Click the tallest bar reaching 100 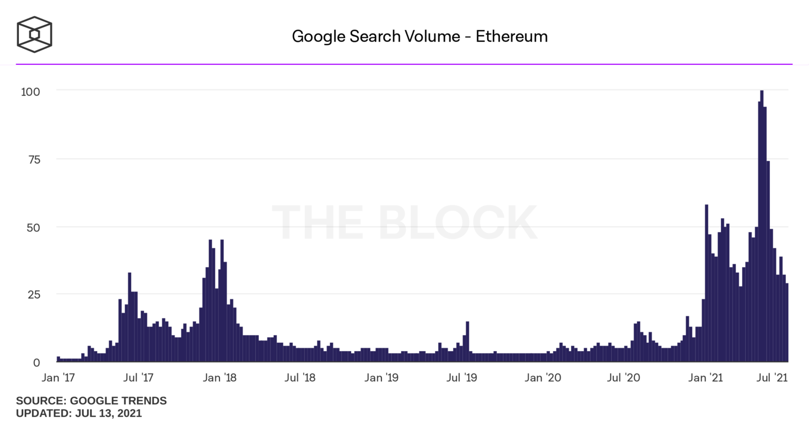tap(761, 227)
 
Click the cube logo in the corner tap(34, 35)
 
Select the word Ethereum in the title tap(512, 36)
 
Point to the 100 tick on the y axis tap(31, 92)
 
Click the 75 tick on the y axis tap(34, 160)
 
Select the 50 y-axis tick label tap(34, 228)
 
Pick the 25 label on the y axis tap(34, 294)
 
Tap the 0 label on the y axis tap(36, 363)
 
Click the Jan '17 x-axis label tap(58, 378)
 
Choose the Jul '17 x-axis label tap(138, 378)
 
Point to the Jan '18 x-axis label tap(219, 378)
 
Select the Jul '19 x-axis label tap(461, 378)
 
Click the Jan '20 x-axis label tap(543, 378)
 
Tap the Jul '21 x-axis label tap(773, 378)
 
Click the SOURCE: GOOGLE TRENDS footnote tap(91, 401)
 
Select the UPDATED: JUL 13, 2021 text tap(79, 413)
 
